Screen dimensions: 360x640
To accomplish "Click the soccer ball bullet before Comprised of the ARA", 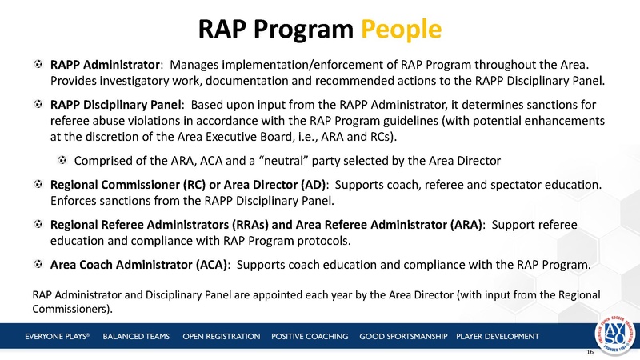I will pos(62,159).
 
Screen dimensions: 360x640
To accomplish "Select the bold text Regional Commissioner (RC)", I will pos(128,184).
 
